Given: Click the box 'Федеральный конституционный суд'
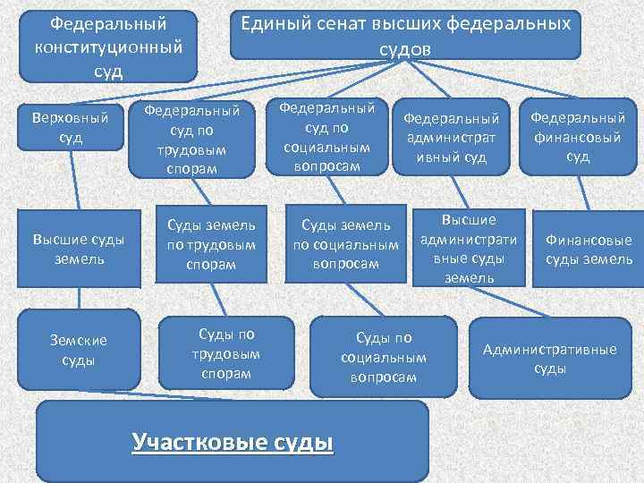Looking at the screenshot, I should (109, 46).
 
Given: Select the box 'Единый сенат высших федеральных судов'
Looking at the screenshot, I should (404, 36).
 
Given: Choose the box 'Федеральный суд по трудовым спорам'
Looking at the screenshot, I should (193, 139).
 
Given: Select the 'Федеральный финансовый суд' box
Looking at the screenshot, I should (577, 137).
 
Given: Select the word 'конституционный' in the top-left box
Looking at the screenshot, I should (110, 46).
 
